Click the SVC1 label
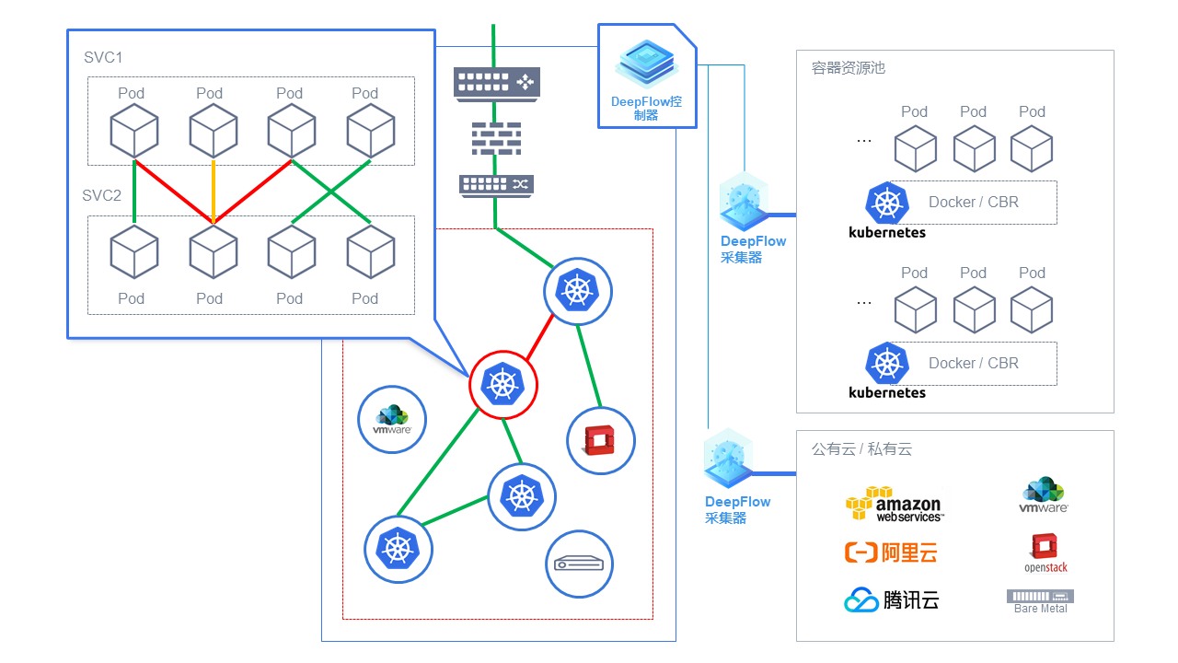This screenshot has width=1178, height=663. tap(102, 58)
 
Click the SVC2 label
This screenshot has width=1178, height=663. tap(102, 195)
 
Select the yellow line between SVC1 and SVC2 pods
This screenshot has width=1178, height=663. tap(214, 192)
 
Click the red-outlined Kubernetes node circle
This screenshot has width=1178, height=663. tap(503, 384)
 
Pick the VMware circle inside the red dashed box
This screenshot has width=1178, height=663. tap(392, 419)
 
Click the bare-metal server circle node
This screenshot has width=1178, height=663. tap(580, 564)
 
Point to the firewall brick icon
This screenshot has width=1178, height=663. tap(496, 137)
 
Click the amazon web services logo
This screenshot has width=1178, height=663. tap(894, 505)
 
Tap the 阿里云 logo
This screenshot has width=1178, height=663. tap(891, 552)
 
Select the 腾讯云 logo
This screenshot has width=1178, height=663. tap(891, 600)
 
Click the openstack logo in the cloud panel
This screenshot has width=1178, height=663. tap(1045, 553)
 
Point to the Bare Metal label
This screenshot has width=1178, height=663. tap(1041, 609)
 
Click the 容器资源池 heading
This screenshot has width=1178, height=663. tap(849, 68)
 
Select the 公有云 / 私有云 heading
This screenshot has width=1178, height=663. tap(861, 449)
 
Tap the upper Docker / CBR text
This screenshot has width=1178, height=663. tap(974, 203)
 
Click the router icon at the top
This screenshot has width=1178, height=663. tap(497, 83)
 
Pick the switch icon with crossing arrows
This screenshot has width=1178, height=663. tap(496, 184)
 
